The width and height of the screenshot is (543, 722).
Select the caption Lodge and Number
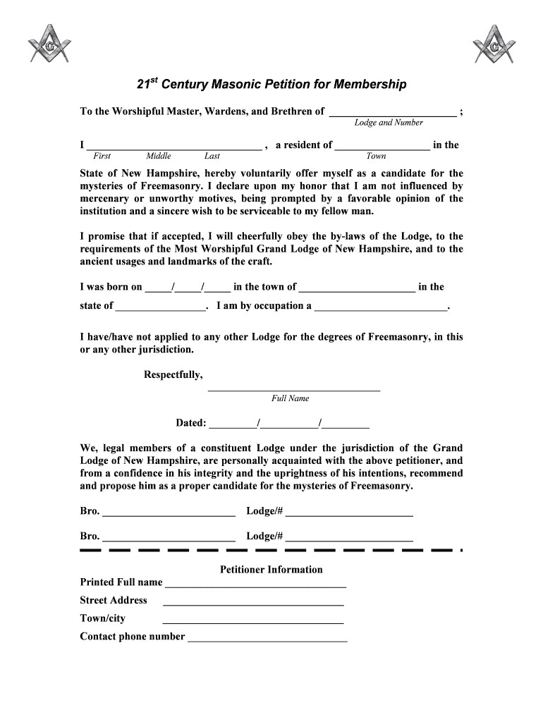[388, 123]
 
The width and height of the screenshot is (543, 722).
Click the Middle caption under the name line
[159, 157]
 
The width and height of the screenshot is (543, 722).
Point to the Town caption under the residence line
[376, 157]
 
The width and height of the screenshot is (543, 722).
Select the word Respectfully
[173, 374]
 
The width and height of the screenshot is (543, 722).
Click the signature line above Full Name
[294, 389]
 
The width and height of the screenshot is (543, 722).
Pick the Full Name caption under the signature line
[290, 398]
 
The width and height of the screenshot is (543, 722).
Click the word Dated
[190, 423]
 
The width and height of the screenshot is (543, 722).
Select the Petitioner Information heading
[271, 570]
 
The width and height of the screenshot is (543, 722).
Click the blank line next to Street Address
[253, 604]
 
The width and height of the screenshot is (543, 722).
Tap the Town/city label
[103, 618]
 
